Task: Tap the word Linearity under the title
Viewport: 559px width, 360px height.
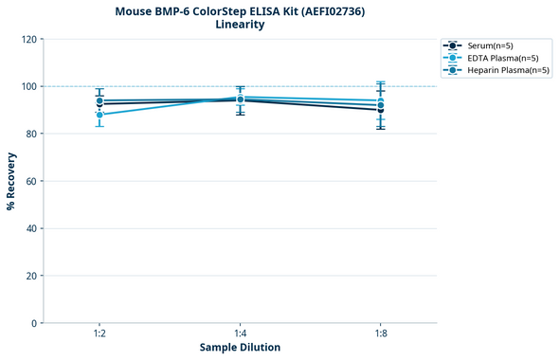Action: point(240,25)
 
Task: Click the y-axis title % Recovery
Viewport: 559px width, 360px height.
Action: point(11,180)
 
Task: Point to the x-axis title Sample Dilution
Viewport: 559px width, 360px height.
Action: point(240,347)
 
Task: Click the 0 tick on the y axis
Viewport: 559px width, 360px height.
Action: point(34,323)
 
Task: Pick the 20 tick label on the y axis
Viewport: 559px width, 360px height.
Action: point(31,276)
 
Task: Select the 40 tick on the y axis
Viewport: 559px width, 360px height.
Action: point(31,228)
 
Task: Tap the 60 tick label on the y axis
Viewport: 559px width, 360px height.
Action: point(31,181)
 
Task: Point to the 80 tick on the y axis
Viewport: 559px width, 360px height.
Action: point(31,134)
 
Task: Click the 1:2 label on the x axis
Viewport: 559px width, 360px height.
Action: point(99,334)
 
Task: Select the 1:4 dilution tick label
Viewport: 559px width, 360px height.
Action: point(240,334)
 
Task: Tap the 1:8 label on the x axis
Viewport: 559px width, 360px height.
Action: point(380,334)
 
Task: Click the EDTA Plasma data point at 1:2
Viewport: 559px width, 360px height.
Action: point(99,115)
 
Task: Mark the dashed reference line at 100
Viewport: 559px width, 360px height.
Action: point(313,86)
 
